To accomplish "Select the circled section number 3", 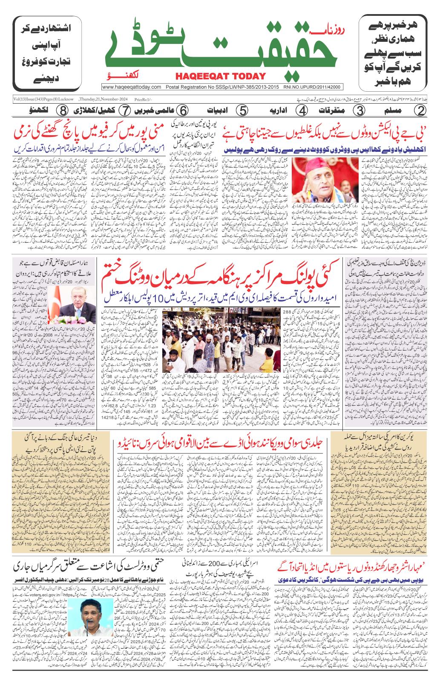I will pos(359,110).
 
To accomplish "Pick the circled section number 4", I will pos(302,110).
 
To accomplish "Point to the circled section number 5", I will pos(242,110).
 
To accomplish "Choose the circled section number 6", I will pos(182,110).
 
